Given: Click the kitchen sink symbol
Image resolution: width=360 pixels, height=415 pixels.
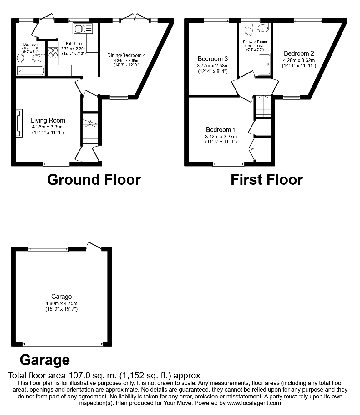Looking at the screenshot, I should [x=83, y=29].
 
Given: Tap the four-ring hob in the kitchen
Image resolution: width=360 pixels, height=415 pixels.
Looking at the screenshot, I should [x=53, y=52].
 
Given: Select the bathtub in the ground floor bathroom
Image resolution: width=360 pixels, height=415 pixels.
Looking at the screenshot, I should [x=31, y=71].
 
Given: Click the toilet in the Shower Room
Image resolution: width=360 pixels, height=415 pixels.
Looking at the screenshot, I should [x=249, y=31].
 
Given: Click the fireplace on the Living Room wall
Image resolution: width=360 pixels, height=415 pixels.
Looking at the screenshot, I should [x=19, y=123].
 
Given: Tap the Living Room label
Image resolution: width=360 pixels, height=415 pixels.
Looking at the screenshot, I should [x=48, y=120].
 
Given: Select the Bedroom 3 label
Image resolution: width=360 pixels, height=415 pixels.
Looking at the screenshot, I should [x=213, y=59].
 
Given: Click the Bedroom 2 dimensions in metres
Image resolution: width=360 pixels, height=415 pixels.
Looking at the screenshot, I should [x=299, y=60].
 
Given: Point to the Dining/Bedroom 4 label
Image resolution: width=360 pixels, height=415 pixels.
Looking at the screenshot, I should [x=126, y=55].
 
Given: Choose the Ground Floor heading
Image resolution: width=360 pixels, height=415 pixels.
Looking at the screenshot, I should [x=94, y=180].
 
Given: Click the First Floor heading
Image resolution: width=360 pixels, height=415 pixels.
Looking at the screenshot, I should [x=266, y=180].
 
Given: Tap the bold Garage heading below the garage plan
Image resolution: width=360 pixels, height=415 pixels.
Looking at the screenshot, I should [x=45, y=360].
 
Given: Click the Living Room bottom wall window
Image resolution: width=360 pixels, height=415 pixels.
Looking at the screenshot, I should [x=56, y=163].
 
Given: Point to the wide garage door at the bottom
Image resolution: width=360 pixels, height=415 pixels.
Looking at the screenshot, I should [x=63, y=344].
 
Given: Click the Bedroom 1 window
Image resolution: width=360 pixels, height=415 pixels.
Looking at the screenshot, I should [x=228, y=163].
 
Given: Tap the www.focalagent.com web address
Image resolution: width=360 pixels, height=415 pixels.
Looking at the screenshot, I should [x=254, y=403].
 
